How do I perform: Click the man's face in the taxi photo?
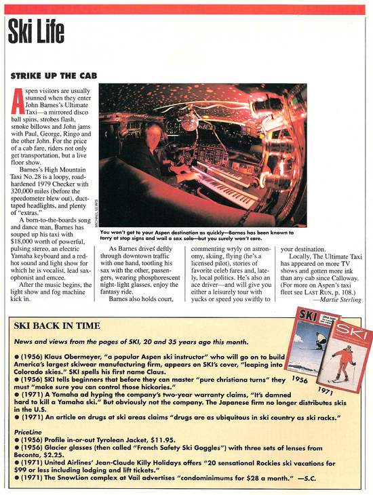(x=154, y=134)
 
